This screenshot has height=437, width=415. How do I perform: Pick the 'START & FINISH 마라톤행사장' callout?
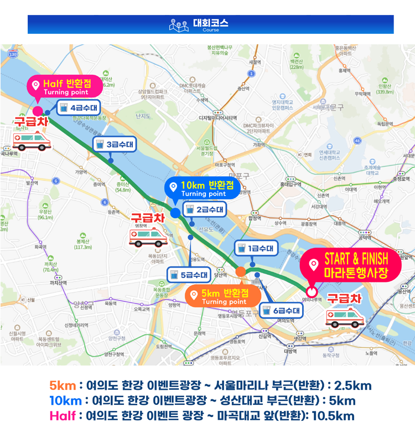coord(349,265)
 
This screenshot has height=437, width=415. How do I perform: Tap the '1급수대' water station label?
coord(256,249)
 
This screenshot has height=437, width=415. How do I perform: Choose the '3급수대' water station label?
coord(114,145)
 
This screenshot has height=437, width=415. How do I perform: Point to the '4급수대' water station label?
coord(77,108)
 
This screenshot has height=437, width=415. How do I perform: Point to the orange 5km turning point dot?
coord(240,271)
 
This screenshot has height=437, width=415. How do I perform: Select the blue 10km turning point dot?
coord(175,212)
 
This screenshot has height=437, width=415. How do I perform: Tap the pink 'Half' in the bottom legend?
coord(63,416)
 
